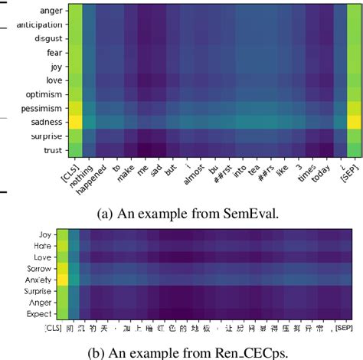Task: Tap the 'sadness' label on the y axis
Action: click(x=47, y=121)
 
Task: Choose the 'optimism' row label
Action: click(x=45, y=93)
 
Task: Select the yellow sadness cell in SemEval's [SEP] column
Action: click(x=354, y=121)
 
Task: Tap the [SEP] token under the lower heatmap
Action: click(x=345, y=329)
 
